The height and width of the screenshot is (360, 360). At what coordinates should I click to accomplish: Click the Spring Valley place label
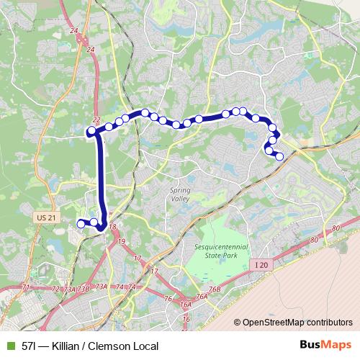pyautogui.click(x=180, y=194)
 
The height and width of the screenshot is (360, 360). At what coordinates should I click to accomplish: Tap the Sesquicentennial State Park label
pyautogui.click(x=220, y=250)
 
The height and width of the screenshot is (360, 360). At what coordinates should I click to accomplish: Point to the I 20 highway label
pyautogui.click(x=263, y=265)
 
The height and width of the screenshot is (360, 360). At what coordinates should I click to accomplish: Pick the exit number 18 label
pyautogui.click(x=112, y=227)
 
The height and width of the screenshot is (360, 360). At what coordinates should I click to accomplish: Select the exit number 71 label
pyautogui.click(x=26, y=287)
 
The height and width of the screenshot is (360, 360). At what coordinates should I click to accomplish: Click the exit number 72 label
pyautogui.click(x=55, y=289)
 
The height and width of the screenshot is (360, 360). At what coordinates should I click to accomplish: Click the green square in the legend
pyautogui.click(x=10, y=346)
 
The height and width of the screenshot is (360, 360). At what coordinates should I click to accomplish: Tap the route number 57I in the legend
pyautogui.click(x=30, y=346)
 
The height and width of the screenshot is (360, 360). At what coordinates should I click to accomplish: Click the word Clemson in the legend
pyautogui.click(x=115, y=346)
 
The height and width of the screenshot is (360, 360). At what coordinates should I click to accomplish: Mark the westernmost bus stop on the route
pyautogui.click(x=81, y=224)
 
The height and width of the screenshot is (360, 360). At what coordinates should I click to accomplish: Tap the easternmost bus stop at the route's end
pyautogui.click(x=279, y=156)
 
